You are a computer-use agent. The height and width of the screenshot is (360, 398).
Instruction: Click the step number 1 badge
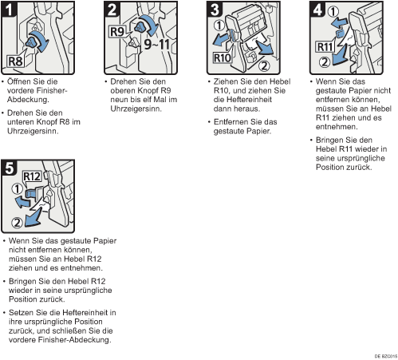click(10, 10)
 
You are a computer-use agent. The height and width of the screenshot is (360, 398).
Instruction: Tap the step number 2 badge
click(112, 10)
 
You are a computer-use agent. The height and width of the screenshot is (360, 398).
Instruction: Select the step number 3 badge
click(215, 10)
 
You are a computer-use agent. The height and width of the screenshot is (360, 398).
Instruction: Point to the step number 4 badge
click(317, 10)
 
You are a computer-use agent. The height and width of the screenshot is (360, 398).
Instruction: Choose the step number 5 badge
click(10, 168)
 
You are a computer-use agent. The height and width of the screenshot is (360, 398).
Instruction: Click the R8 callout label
click(15, 61)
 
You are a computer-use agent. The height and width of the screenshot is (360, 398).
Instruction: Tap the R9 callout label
click(117, 32)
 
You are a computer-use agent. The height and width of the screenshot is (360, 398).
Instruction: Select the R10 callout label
click(223, 57)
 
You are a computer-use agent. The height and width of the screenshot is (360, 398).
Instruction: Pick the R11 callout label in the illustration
click(325, 47)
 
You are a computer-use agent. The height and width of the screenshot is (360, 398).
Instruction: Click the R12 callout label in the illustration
click(32, 176)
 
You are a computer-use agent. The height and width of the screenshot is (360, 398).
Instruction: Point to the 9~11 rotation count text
click(157, 44)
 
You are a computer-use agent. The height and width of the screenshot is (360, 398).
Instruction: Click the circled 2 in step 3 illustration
click(264, 65)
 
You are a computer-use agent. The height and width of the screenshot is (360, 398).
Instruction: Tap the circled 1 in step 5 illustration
click(18, 188)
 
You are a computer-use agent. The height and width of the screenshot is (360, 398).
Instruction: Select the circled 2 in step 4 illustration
click(325, 62)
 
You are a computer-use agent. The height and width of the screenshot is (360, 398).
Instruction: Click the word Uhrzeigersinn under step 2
click(136, 109)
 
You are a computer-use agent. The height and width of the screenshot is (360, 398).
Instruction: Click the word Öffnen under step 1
click(20, 81)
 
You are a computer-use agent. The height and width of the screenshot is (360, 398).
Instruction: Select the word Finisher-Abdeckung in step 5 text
click(75, 340)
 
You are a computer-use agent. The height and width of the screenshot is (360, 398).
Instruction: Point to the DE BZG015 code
click(386, 356)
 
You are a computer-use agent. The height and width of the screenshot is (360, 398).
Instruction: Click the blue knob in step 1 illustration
click(32, 42)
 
